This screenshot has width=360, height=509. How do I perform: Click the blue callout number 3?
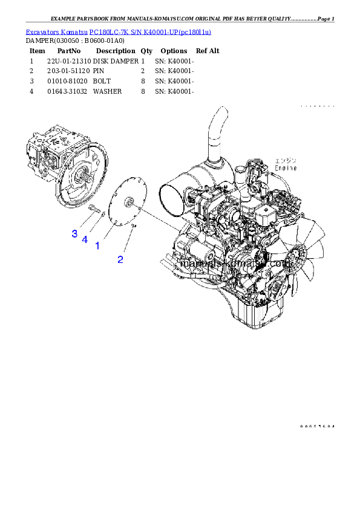(x=74, y=233)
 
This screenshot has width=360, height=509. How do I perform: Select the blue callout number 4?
(x=85, y=239)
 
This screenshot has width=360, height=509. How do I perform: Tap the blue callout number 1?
(x=97, y=246)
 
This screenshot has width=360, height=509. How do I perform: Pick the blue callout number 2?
(x=120, y=259)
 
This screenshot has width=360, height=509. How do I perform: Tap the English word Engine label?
(x=286, y=167)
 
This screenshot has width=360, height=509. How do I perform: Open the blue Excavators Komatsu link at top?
(x=118, y=31)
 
